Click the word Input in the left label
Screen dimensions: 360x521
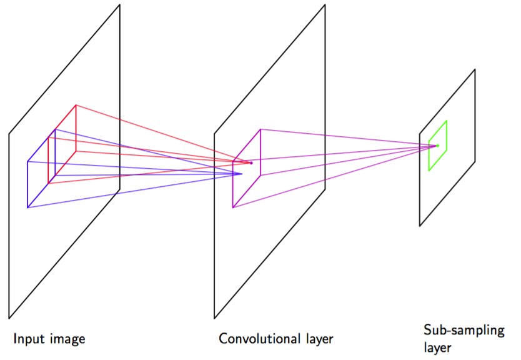27,339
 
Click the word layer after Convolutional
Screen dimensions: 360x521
315,339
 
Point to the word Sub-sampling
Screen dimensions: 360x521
464,331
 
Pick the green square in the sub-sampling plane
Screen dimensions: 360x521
438,146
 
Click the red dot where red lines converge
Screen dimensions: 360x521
251,163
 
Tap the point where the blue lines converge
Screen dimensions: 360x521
242,174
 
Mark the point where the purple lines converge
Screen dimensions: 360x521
437,146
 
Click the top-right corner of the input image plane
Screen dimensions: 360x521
119,5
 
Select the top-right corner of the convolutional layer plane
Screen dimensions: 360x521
325,5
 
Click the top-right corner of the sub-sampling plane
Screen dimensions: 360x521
475,69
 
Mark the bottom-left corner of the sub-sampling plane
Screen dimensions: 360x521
420,226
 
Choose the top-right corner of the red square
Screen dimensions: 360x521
76,105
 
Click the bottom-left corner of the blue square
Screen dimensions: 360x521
27,207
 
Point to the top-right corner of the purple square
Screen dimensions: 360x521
260,129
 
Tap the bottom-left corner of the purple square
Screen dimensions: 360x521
232,207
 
